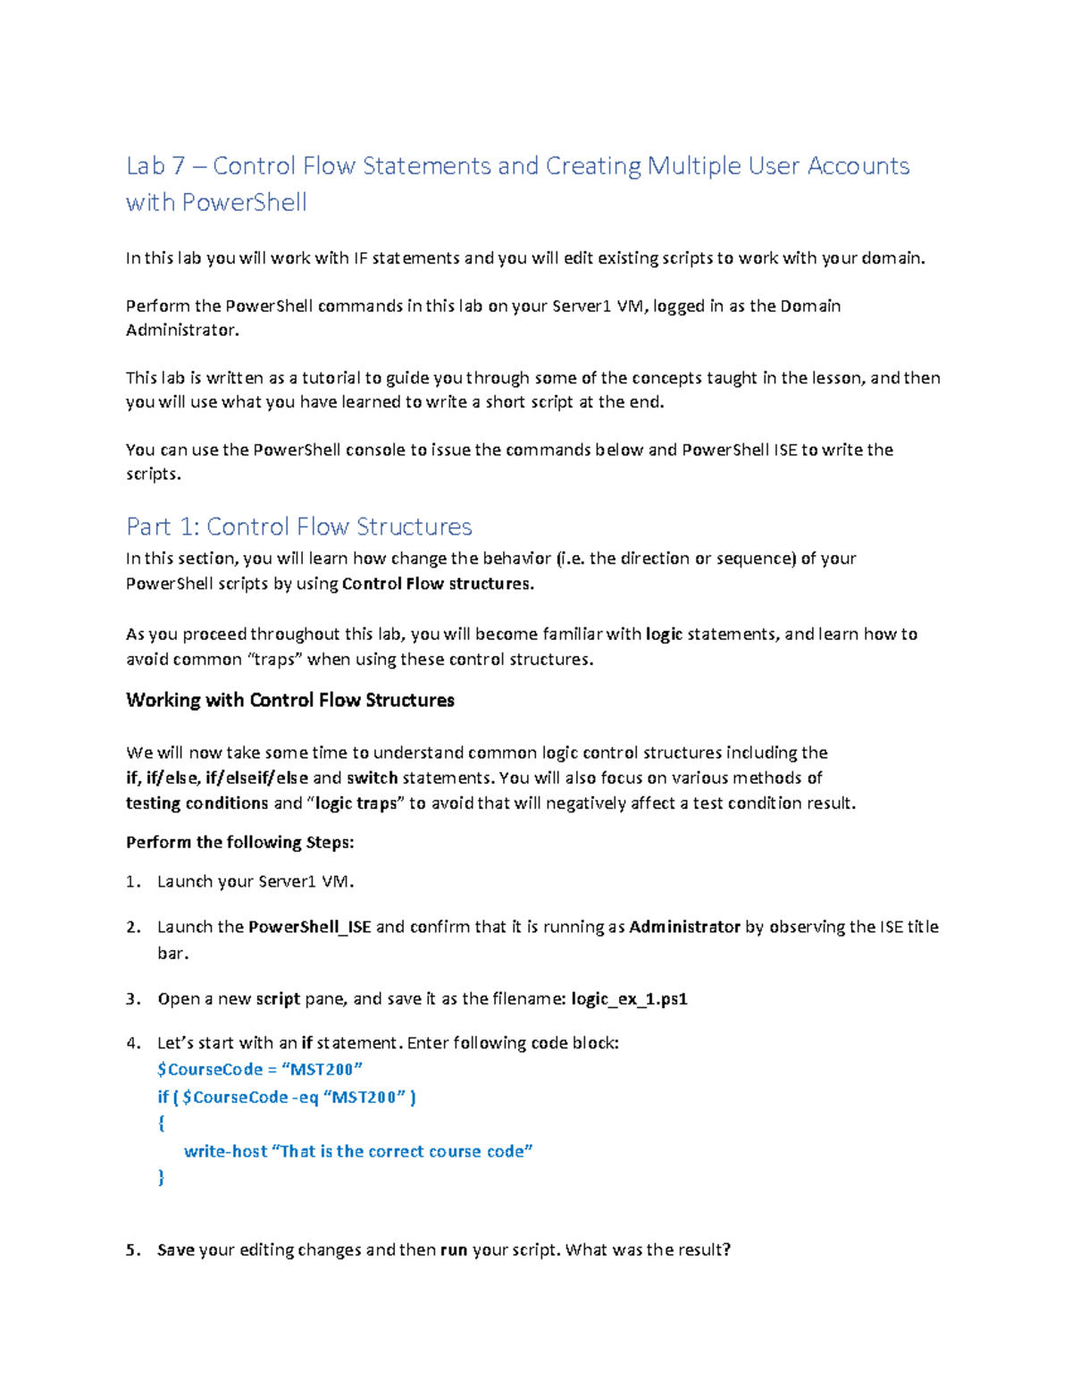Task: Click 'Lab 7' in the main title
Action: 157,166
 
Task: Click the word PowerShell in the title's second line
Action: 244,203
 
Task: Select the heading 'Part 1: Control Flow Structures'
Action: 298,526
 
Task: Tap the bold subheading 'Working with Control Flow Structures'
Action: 289,700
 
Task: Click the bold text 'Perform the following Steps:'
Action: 239,842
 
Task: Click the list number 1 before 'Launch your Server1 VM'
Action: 132,882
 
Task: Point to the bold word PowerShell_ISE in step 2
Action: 309,927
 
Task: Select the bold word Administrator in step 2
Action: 684,927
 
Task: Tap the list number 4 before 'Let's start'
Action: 132,1043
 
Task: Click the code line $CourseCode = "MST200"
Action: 259,1070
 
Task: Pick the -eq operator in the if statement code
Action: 305,1098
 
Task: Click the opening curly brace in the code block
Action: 161,1124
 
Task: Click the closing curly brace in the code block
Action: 161,1178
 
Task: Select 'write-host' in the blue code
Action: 225,1152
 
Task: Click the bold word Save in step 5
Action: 175,1250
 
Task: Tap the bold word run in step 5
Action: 454,1250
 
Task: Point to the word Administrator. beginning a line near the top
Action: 182,331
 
